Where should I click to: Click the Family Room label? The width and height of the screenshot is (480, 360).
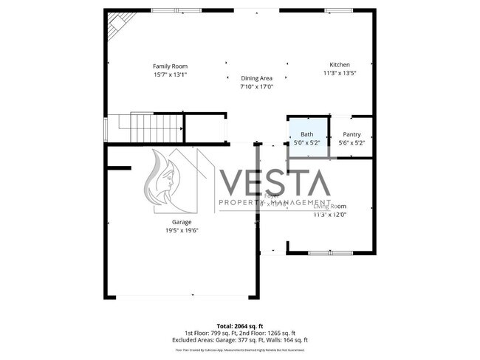coord(170,66)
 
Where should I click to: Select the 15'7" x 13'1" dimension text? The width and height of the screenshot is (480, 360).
coord(170,75)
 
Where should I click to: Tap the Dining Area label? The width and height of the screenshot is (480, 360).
coord(256,78)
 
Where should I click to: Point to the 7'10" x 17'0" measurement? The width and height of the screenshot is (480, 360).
coord(256,86)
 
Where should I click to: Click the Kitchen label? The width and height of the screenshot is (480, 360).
coord(340,65)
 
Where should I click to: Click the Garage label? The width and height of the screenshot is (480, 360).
coord(182,221)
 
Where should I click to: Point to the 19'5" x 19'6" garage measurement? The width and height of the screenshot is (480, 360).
coord(182,230)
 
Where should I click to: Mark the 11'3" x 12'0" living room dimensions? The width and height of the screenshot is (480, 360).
coord(329,215)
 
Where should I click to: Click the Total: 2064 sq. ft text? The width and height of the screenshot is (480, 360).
coord(239,325)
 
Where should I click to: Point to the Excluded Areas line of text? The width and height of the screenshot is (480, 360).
coord(239,339)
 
